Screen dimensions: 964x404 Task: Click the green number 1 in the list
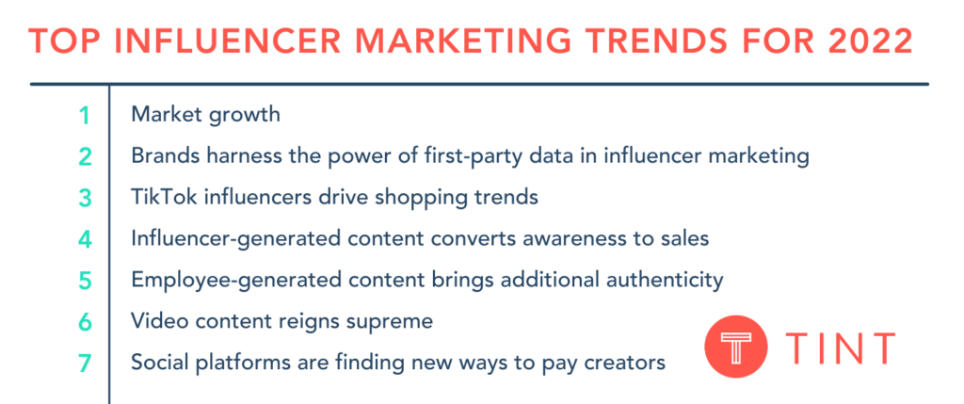(85, 115)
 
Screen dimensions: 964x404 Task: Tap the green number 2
(85, 156)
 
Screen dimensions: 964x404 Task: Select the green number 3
(85, 198)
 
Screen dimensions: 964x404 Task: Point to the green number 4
(85, 239)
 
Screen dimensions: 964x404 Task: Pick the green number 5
(85, 281)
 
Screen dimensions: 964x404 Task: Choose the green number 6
(85, 322)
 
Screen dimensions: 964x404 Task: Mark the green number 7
(85, 364)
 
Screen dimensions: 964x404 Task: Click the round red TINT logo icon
(736, 347)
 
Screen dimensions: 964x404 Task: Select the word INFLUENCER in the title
(222, 41)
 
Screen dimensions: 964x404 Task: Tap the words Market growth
(205, 115)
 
